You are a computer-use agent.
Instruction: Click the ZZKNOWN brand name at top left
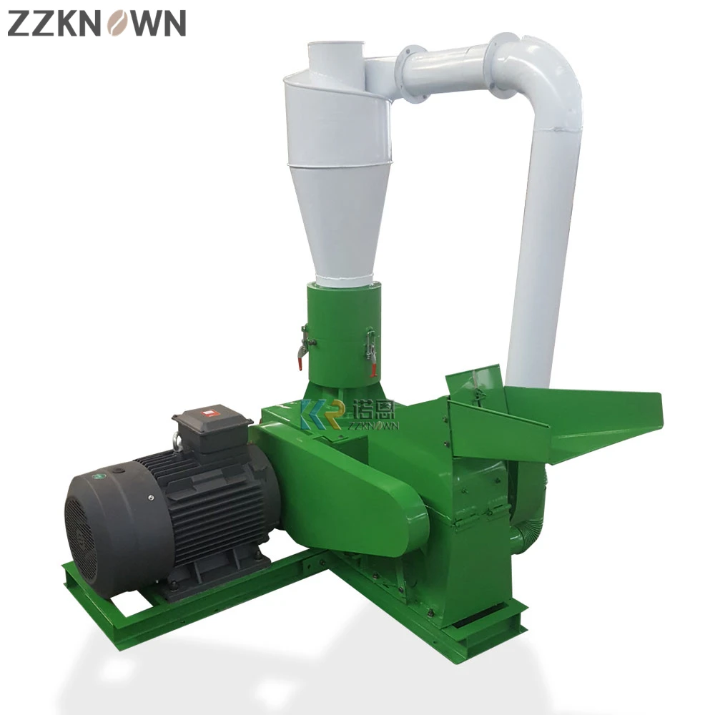click(97, 23)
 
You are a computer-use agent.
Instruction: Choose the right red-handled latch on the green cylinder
click(370, 350)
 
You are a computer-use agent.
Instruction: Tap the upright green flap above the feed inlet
click(475, 390)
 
